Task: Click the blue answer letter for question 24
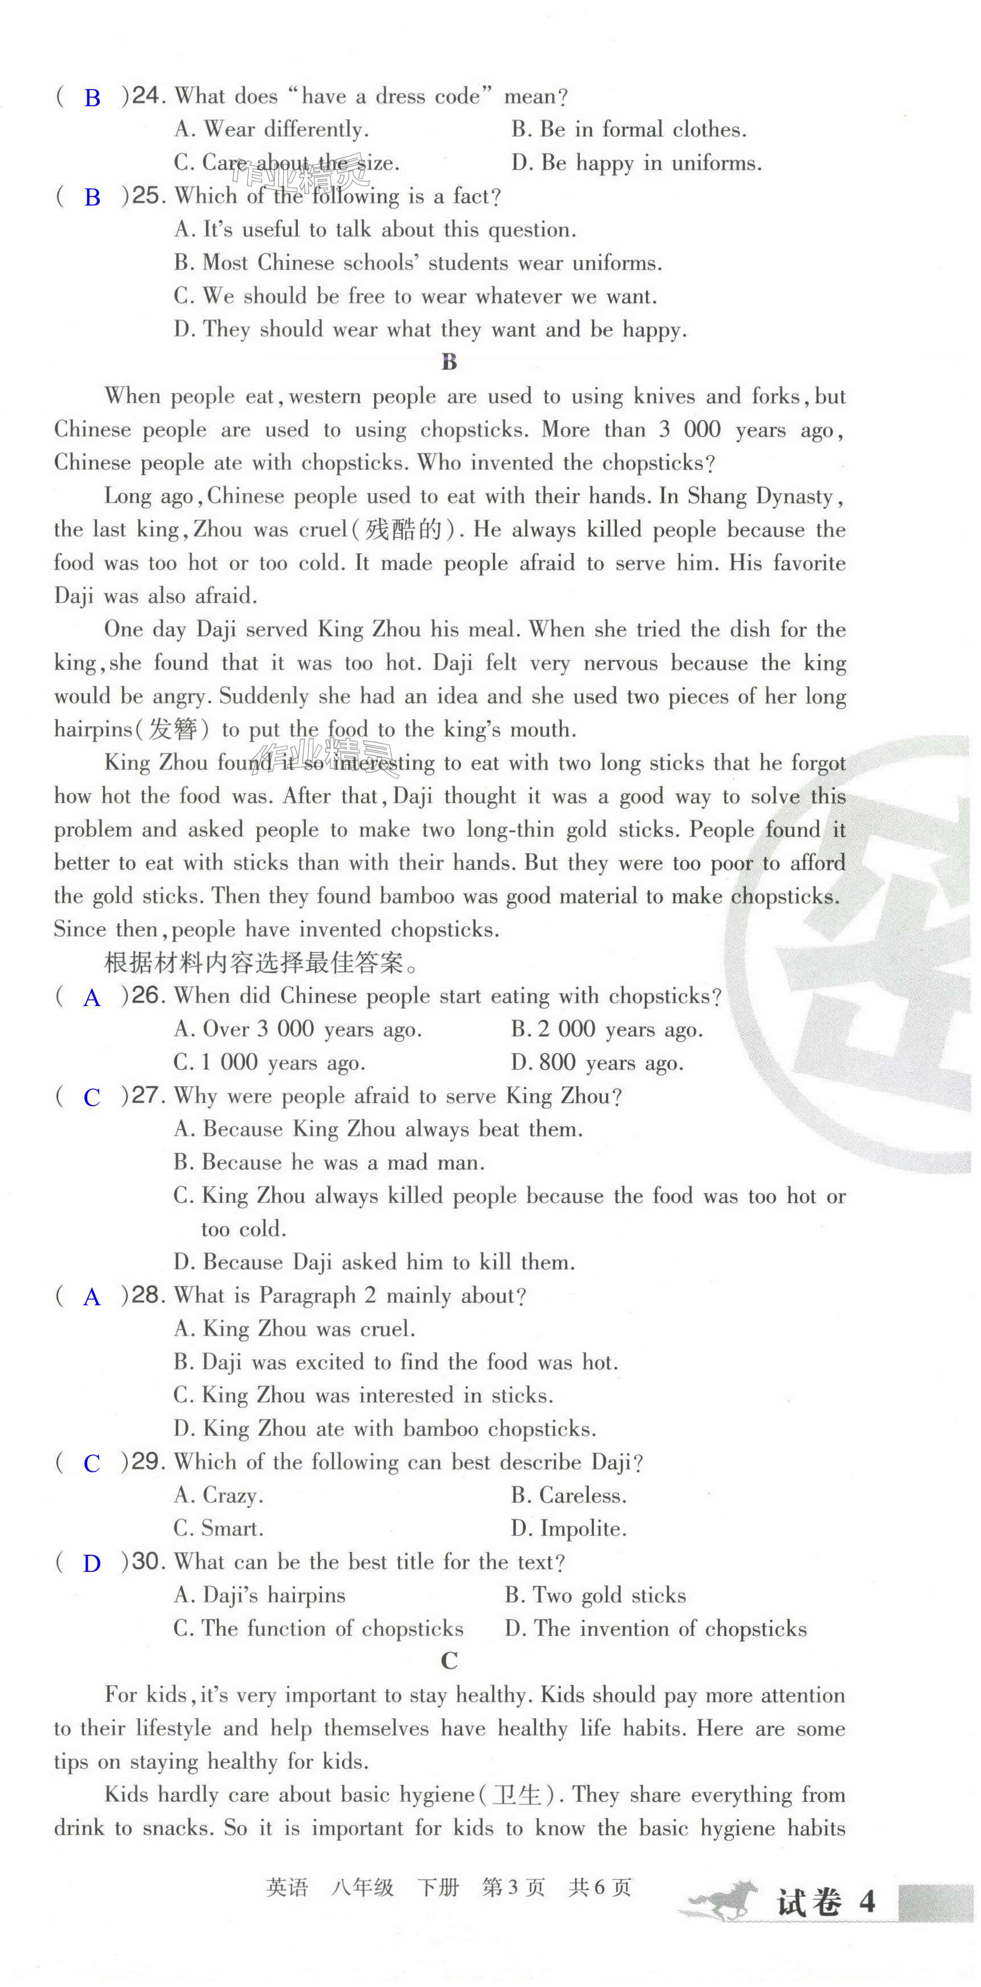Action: coord(92,98)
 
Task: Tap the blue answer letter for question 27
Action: coord(92,1097)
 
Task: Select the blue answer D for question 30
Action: coord(92,1563)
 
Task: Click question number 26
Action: coord(147,996)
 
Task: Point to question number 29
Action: coord(147,1462)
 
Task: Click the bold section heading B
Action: coord(450,362)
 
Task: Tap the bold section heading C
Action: coord(450,1661)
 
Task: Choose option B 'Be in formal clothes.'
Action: coord(628,130)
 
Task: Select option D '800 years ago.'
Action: coord(597,1063)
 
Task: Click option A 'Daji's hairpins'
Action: coord(259,1595)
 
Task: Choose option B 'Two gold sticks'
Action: coord(595,1595)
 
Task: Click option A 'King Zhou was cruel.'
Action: coord(294,1329)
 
